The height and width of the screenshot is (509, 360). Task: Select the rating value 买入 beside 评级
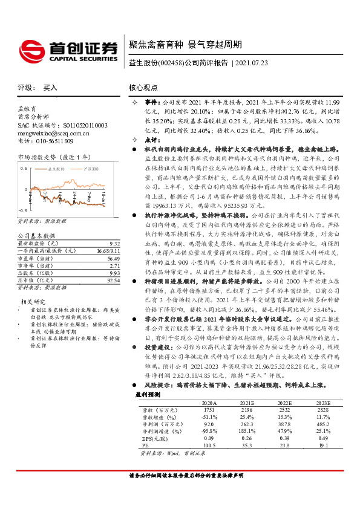(50, 88)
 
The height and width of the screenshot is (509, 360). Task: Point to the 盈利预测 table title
(147, 394)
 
